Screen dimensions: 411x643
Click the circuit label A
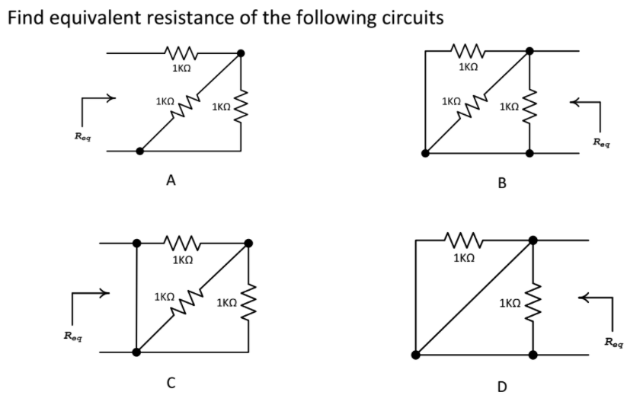[x=171, y=180]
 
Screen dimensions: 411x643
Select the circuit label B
[x=501, y=183]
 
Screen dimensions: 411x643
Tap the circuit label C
[x=172, y=382]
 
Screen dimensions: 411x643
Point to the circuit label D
[x=501, y=387]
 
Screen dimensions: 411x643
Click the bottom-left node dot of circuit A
[x=139, y=151]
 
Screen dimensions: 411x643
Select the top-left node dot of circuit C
[x=137, y=244]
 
